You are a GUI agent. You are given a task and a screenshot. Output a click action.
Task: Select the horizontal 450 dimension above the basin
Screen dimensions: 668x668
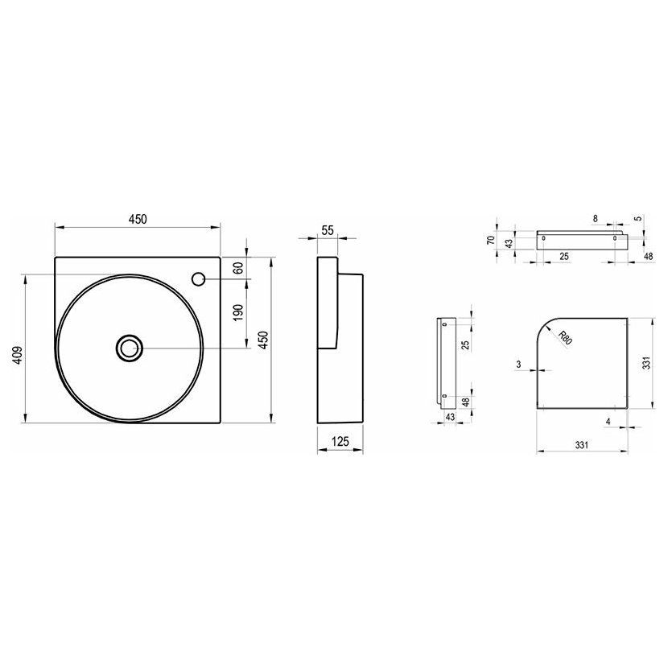pyautogui.click(x=138, y=219)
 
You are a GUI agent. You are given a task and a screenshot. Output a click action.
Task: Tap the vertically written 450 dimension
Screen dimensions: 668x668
pyautogui.click(x=264, y=340)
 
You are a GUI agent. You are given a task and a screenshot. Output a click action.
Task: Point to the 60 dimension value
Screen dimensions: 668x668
pyautogui.click(x=238, y=268)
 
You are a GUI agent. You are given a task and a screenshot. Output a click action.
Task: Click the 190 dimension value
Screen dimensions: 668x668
pyautogui.click(x=238, y=312)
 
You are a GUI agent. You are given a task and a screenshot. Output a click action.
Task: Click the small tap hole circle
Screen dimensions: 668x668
pyautogui.click(x=199, y=279)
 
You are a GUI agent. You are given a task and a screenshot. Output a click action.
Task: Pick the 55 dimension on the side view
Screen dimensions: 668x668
pyautogui.click(x=328, y=230)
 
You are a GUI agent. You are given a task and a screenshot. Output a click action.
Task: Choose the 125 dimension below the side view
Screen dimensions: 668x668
pyautogui.click(x=340, y=441)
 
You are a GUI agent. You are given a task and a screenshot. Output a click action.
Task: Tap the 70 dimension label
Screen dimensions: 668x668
pyautogui.click(x=491, y=240)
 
